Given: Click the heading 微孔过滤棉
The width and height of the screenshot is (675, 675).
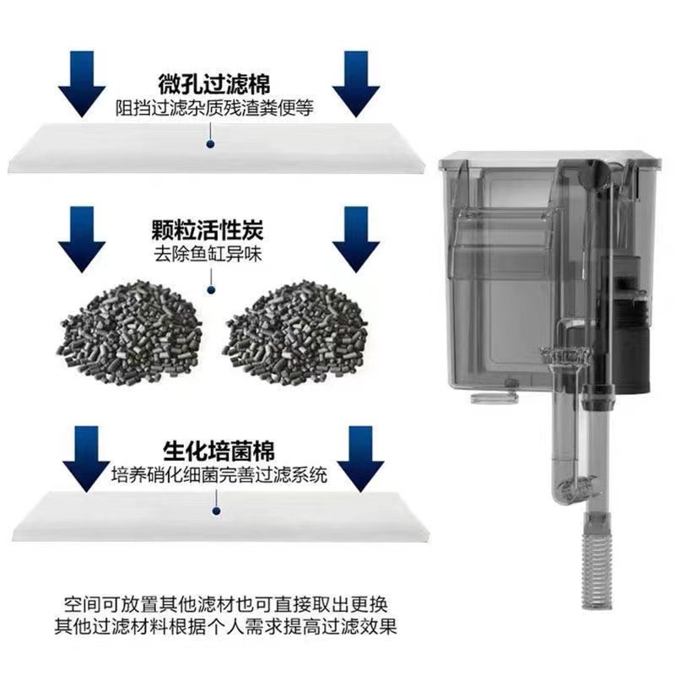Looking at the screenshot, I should (x=215, y=85).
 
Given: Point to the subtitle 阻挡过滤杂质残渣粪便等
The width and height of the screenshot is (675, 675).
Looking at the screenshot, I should (x=215, y=109).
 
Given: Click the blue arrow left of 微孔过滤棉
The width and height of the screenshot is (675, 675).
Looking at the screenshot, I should (x=82, y=87).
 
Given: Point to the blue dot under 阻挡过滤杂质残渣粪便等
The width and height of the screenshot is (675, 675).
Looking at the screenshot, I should (x=210, y=144).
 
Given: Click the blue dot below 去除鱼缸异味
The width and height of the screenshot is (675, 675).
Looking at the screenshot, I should (x=211, y=290).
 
